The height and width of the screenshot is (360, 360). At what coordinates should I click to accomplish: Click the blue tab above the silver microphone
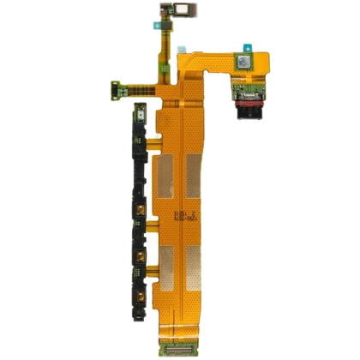[249, 46]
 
